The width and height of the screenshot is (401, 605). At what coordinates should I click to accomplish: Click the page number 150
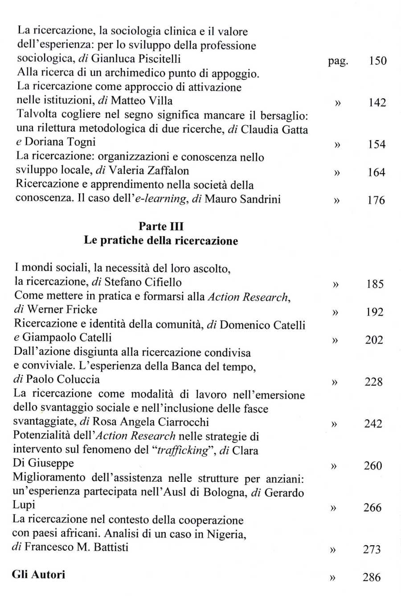[377, 61]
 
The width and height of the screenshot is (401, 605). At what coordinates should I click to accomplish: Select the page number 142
[377, 103]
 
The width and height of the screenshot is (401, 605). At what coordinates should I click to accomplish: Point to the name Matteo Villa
[141, 101]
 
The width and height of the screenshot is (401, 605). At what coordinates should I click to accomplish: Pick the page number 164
[376, 172]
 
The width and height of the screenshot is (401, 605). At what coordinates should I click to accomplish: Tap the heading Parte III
[161, 226]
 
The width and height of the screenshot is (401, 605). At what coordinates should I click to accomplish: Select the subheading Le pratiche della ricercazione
[161, 240]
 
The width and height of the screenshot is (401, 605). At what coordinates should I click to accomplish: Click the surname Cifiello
[165, 282]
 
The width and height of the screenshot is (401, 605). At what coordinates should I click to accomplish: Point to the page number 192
[374, 312]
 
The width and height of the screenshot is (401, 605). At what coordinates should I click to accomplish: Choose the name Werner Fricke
[62, 310]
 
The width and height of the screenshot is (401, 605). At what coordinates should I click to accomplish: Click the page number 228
[373, 382]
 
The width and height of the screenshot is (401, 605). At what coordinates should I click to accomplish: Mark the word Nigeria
[226, 534]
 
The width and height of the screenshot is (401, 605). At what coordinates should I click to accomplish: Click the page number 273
[372, 549]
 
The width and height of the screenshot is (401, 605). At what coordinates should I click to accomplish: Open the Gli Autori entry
[38, 575]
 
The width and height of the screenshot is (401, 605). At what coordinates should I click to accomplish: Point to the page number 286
[372, 577]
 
